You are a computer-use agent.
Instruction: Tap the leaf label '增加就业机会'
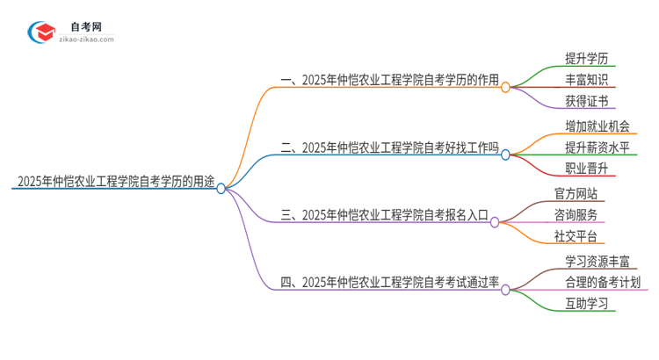coord(598,126)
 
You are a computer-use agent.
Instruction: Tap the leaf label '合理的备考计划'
coord(604,283)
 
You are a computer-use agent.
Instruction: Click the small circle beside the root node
coord(221,187)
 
